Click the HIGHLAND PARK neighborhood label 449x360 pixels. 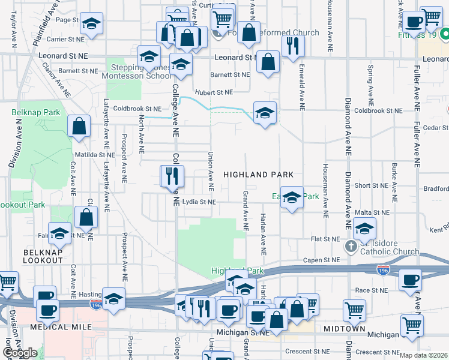[258, 175]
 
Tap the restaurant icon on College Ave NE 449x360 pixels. [170, 176]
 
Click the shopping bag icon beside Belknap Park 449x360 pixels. [79, 127]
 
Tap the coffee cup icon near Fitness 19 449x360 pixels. [413, 22]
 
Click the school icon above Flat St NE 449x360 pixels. [364, 228]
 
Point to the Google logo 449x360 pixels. [20, 353]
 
